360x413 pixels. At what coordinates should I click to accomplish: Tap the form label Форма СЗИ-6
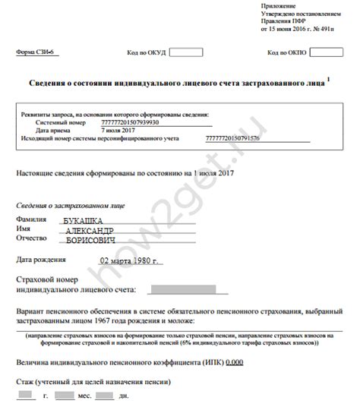pyautogui.click(x=34, y=53)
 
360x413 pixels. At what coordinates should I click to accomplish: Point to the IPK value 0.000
pyautogui.click(x=234, y=363)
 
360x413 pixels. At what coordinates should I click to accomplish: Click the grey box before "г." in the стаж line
pyautogui.click(x=26, y=396)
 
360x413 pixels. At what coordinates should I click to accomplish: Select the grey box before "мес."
pyautogui.click(x=65, y=396)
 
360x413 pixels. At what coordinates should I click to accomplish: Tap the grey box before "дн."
pyautogui.click(x=106, y=396)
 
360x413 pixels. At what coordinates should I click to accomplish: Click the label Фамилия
pyautogui.click(x=30, y=219)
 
